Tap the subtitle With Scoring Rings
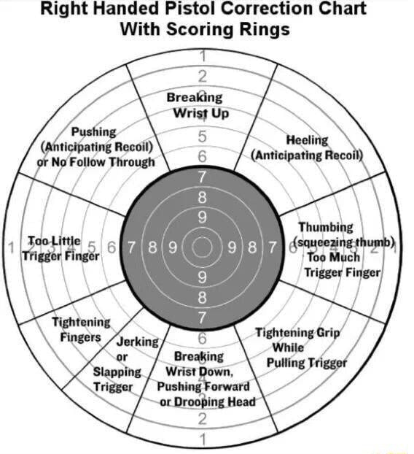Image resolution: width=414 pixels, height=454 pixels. (x=204, y=30)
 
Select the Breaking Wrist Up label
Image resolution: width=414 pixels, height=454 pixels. (x=195, y=105)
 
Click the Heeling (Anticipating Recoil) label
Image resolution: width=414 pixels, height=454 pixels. (x=306, y=147)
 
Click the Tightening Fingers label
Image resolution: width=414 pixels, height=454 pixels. (x=81, y=329)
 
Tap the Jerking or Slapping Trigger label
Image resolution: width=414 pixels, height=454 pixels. (x=118, y=363)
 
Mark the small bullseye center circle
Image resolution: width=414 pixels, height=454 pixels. (x=202, y=247)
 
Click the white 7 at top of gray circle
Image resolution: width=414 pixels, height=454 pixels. (x=202, y=176)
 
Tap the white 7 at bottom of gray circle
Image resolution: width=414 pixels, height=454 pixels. (x=202, y=318)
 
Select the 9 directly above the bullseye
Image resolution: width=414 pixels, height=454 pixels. (x=202, y=217)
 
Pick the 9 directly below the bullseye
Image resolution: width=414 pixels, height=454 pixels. (x=202, y=277)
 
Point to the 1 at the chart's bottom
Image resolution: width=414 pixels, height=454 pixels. (x=202, y=439)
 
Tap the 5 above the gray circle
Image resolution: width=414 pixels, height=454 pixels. (x=202, y=136)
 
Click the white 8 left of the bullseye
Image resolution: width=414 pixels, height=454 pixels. (x=152, y=247)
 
